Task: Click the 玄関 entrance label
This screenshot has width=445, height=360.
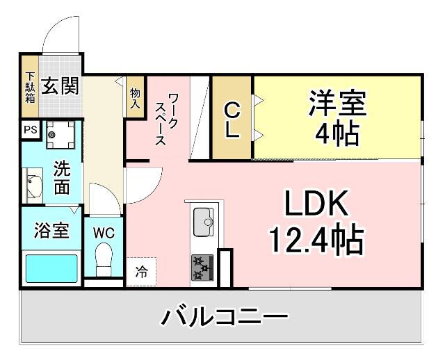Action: pyautogui.click(x=59, y=86)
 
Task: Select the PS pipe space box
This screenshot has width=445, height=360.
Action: pyautogui.click(x=29, y=130)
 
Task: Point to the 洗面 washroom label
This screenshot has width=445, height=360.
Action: pyautogui.click(x=62, y=177)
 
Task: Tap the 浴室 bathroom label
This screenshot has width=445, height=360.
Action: pyautogui.click(x=51, y=231)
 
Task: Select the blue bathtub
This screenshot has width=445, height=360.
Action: pyautogui.click(x=51, y=268)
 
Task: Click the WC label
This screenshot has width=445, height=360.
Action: pyautogui.click(x=104, y=231)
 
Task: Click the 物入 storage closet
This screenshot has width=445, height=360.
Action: pyautogui.click(x=135, y=97)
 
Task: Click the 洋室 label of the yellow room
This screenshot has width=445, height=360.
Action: pyautogui.click(x=337, y=104)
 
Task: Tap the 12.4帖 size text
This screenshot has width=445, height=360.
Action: pyautogui.click(x=316, y=240)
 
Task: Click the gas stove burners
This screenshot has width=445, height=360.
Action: pyautogui.click(x=202, y=267)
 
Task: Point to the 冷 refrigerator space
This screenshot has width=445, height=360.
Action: pyautogui.click(x=141, y=272)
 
